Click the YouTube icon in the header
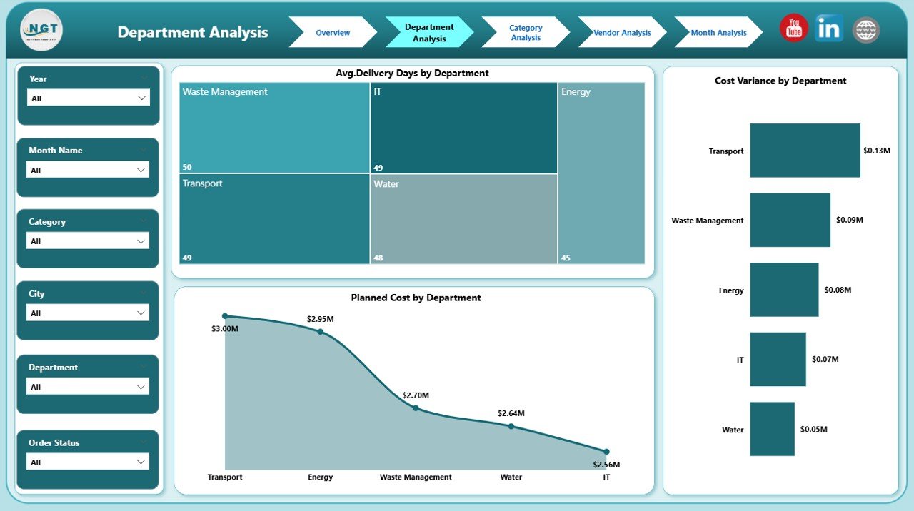point(793,29)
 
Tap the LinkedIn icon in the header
point(829,29)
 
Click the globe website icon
point(866,30)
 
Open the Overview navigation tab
point(333,33)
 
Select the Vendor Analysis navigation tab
point(622,33)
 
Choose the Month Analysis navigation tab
point(718,33)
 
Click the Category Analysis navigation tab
point(526,33)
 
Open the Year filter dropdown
point(89,98)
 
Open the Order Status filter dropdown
point(89,462)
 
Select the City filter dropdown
point(89,313)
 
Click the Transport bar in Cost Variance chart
point(805,151)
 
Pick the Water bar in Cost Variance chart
point(772,429)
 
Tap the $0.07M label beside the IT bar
point(825,360)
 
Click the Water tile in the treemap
point(463,219)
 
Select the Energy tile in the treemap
point(601,173)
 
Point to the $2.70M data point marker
point(416,408)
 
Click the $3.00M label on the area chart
point(225,329)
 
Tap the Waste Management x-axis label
point(416,477)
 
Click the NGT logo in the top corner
point(42,30)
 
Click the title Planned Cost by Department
point(416,298)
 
